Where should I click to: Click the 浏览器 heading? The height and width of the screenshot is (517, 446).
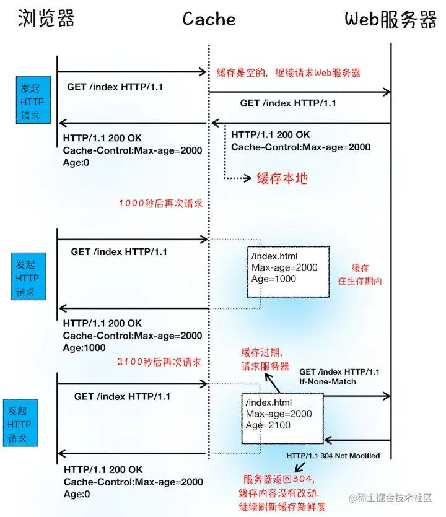click(46, 19)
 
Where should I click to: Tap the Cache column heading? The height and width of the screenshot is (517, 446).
click(209, 19)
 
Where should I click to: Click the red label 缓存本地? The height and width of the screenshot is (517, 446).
click(282, 178)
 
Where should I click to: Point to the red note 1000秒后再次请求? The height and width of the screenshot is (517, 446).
click(160, 202)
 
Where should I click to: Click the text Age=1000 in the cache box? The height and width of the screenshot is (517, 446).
click(274, 279)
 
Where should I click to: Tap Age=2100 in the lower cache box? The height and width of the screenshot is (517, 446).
click(269, 425)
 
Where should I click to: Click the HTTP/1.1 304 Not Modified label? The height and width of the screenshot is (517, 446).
click(333, 456)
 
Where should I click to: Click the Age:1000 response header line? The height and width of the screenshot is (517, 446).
click(84, 348)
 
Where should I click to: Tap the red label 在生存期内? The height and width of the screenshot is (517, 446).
click(360, 280)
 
